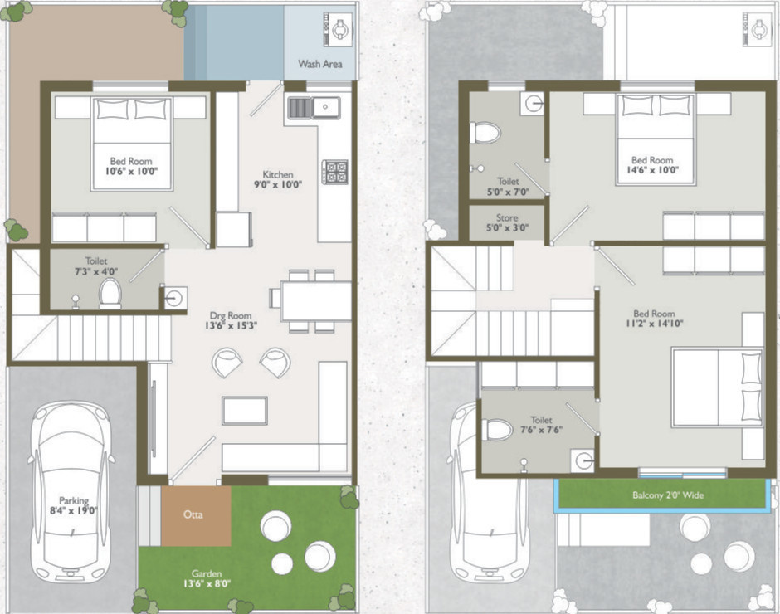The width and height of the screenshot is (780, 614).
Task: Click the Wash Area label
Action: [x=320, y=64]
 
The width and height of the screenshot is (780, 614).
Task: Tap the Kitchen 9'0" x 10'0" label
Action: [x=278, y=180]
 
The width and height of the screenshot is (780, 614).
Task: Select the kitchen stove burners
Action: [x=335, y=172]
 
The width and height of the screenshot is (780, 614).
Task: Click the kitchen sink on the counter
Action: [x=314, y=106]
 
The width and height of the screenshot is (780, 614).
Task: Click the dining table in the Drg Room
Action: [x=315, y=300]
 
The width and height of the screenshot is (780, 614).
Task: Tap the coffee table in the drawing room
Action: [x=244, y=410]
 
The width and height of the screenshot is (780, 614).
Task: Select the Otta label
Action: [x=195, y=514]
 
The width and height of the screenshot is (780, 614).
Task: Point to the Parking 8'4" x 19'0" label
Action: [x=72, y=506]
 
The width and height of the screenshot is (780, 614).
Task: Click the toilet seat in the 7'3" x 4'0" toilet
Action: [x=110, y=293]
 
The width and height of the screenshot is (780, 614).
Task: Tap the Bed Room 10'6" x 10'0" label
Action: [x=129, y=167]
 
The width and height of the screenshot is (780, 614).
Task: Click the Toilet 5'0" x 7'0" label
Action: [x=508, y=187]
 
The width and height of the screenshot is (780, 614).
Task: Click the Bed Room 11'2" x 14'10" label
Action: [x=654, y=319]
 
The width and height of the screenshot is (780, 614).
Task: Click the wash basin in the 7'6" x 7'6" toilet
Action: [x=586, y=460]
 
